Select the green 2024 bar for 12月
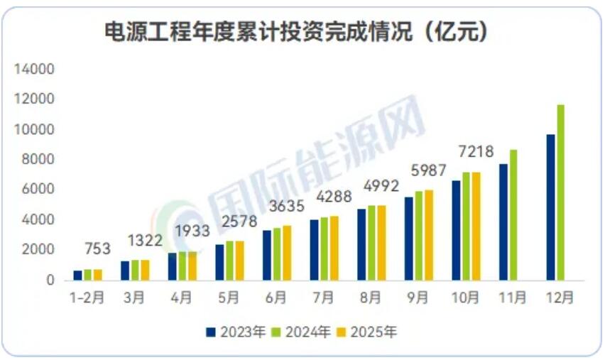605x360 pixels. point(561,192)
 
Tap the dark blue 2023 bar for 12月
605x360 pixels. point(550,207)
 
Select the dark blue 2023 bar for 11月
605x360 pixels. point(503,222)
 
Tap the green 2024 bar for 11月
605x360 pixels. point(513,215)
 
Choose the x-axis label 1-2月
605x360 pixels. point(88,298)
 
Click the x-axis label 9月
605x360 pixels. point(418,298)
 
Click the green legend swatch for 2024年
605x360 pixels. point(279,331)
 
